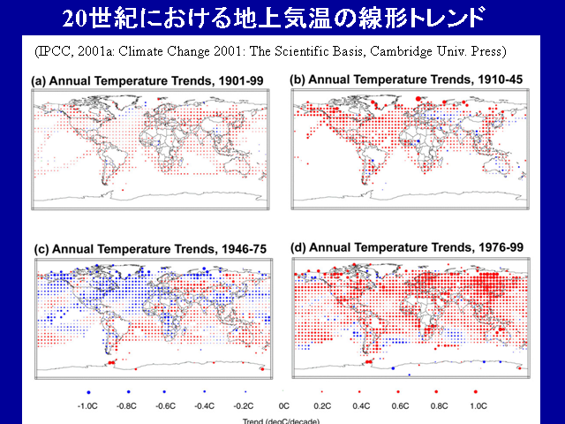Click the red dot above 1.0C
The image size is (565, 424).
click(x=476, y=390)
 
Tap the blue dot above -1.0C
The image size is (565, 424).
click(x=87, y=390)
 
